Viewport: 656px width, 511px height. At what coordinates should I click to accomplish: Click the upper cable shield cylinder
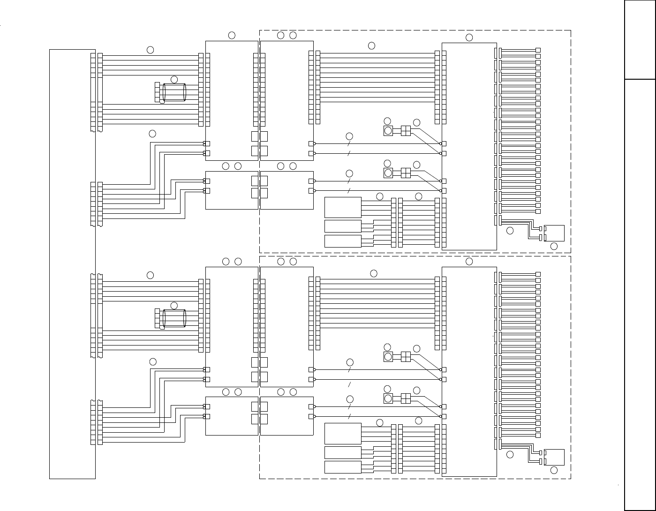click(x=174, y=92)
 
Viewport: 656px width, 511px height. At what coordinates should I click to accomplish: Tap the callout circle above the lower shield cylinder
click(x=174, y=306)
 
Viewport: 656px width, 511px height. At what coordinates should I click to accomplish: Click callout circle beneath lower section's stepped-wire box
click(x=554, y=470)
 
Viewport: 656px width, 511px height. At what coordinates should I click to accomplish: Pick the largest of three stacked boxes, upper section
click(x=343, y=207)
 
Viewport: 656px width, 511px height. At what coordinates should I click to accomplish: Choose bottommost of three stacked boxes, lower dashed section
click(x=343, y=467)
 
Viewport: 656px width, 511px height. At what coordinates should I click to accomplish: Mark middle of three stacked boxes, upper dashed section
click(x=343, y=226)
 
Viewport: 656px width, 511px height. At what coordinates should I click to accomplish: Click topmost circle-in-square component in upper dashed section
click(x=388, y=131)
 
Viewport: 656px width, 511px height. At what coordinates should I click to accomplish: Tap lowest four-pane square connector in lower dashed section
click(x=406, y=398)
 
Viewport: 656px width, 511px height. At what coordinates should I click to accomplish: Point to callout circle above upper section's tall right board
click(x=469, y=38)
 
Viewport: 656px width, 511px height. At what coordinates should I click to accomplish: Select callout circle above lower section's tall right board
click(x=469, y=262)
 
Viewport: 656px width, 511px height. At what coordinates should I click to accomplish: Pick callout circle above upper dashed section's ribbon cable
click(x=371, y=45)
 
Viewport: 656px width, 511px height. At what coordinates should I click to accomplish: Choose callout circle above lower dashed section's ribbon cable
click(x=373, y=273)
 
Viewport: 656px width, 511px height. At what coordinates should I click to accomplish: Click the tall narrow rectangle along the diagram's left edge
click(x=72, y=263)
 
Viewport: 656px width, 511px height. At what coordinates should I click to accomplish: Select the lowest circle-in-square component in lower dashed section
click(x=388, y=399)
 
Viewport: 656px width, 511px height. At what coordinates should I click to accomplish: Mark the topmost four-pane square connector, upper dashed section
click(x=406, y=131)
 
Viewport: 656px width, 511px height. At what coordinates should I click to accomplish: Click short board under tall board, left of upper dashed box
click(x=232, y=190)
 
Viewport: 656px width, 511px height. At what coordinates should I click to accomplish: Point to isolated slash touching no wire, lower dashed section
click(x=349, y=384)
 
